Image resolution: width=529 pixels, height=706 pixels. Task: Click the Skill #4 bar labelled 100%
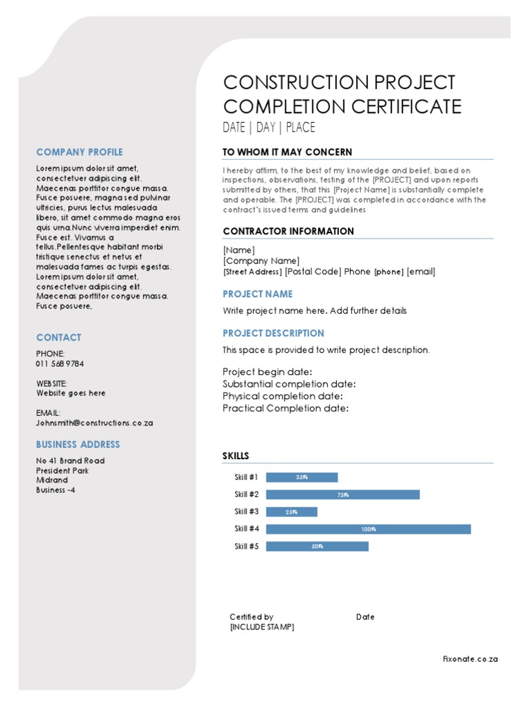coord(368,529)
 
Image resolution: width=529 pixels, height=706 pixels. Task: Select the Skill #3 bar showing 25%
coord(291,512)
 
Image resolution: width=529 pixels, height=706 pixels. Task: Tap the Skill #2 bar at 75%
coord(342,494)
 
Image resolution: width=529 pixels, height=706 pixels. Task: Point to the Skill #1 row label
coord(246,477)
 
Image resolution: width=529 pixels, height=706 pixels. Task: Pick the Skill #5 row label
coord(246,546)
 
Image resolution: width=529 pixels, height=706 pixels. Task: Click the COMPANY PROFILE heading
coord(79,152)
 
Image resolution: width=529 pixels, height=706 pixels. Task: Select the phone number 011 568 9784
coord(60,364)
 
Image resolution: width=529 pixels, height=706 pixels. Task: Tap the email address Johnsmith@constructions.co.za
coord(94,423)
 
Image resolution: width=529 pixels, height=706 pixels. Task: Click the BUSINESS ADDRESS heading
coord(78,445)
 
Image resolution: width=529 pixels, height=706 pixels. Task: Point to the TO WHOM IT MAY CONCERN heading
coord(287,152)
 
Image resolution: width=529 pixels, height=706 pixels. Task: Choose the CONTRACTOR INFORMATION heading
coord(288,232)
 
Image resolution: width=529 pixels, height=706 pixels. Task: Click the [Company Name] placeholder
coord(261,261)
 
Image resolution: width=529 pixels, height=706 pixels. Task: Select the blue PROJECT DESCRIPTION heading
coord(273,333)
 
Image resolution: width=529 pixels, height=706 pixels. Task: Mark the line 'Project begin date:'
coord(267,372)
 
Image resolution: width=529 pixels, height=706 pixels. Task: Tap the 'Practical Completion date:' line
coord(285,408)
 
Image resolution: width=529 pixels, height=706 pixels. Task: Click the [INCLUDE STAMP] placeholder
coord(262,627)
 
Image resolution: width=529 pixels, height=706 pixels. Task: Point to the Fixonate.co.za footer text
coord(470,659)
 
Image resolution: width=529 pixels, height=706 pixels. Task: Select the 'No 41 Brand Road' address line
coord(70,461)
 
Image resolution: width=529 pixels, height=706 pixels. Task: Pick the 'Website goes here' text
coord(71,393)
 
